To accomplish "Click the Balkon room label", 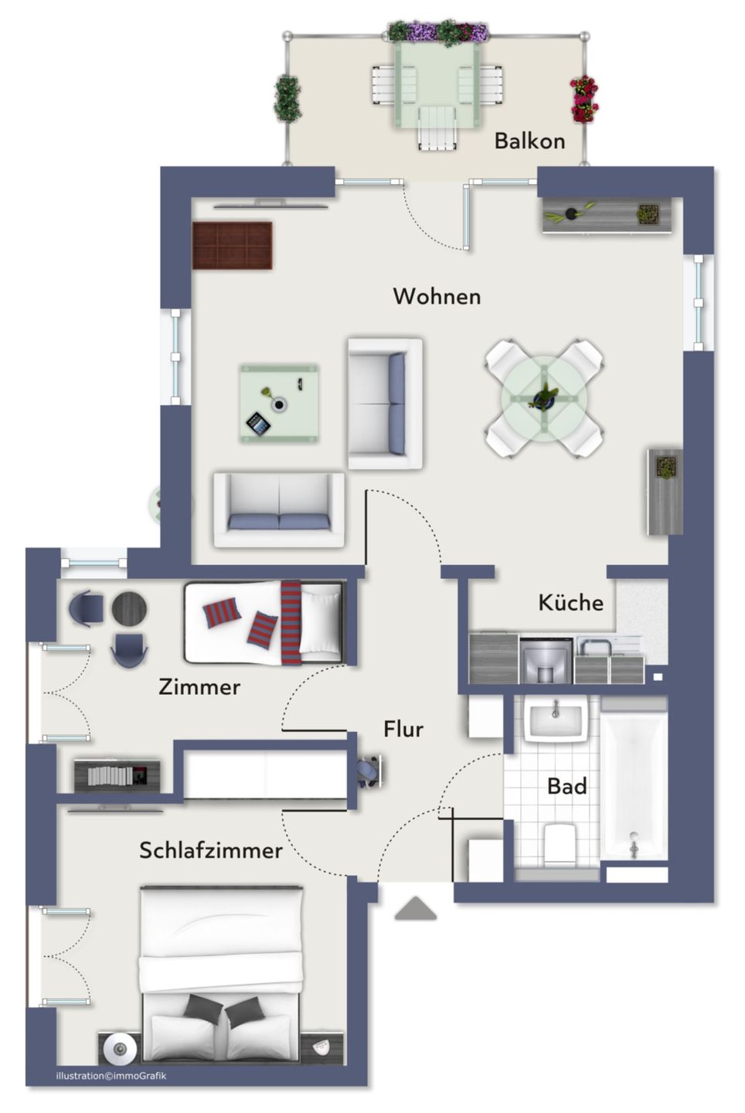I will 529,141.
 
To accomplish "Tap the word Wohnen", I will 437,296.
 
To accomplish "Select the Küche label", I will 570,602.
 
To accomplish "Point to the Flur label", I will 403,729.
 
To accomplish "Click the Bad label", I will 566,786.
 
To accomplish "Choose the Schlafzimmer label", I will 210,850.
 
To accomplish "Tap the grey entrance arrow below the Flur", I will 416,909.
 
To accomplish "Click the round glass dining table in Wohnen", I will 544,399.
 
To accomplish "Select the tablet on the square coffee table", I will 257,423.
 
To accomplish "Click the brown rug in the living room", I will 233,245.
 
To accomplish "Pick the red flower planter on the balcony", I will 584,99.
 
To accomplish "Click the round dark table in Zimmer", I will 129,608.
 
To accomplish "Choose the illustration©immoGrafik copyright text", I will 111,1075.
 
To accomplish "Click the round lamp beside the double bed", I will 120,1049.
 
